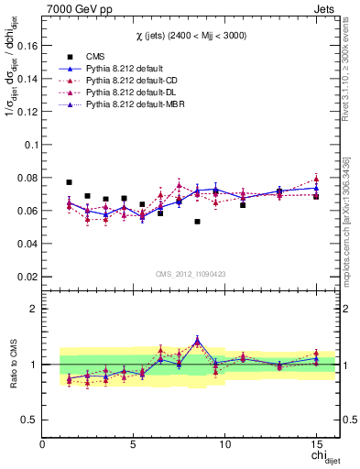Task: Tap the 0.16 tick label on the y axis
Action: click(27, 45)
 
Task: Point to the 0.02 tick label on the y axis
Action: click(27, 276)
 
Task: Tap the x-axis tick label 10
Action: click(225, 443)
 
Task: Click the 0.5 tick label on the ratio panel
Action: click(30, 420)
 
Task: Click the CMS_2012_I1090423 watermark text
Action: click(191, 273)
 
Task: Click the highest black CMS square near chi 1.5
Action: click(70, 182)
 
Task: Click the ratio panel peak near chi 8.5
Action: click(197, 341)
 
